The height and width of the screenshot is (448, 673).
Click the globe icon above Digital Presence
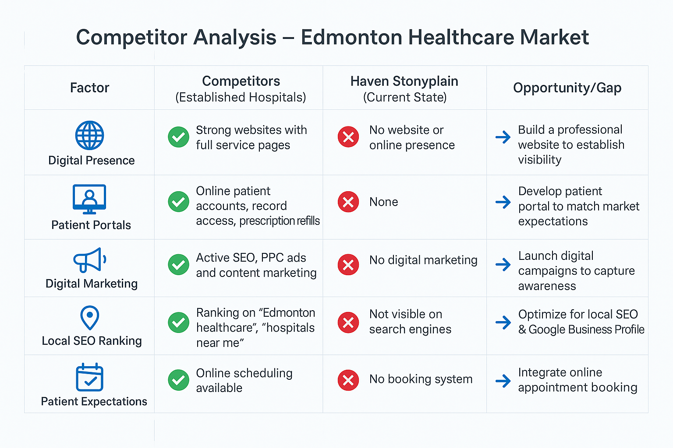[x=89, y=135]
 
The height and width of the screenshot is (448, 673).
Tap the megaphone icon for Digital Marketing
[x=89, y=260]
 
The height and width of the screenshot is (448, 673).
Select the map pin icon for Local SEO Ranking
[x=89, y=318]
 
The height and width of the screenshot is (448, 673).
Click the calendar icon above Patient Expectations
[x=89, y=377]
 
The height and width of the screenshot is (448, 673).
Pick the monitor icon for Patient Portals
[x=89, y=199]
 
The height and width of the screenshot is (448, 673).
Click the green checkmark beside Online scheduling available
[x=178, y=380]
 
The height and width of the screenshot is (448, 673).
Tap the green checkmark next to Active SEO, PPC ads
[x=178, y=265]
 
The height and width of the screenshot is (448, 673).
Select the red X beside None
[x=348, y=202]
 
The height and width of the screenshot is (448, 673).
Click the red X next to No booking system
[x=348, y=380]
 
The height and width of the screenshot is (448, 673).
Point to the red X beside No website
[x=348, y=137]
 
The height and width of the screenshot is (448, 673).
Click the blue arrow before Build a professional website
[x=503, y=137]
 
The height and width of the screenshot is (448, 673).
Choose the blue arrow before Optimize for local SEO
[x=503, y=322]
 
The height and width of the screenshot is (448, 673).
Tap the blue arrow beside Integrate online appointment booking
[x=503, y=381]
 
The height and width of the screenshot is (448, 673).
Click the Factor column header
[x=89, y=87]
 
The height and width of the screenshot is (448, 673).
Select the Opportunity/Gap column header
[x=567, y=88]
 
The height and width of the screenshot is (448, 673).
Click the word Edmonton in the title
[x=351, y=37]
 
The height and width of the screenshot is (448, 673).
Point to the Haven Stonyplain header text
[x=404, y=81]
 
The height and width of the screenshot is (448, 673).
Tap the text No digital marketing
[x=423, y=260]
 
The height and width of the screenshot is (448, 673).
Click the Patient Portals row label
[x=91, y=225]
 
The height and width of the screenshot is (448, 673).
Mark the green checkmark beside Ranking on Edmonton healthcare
[x=178, y=322]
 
